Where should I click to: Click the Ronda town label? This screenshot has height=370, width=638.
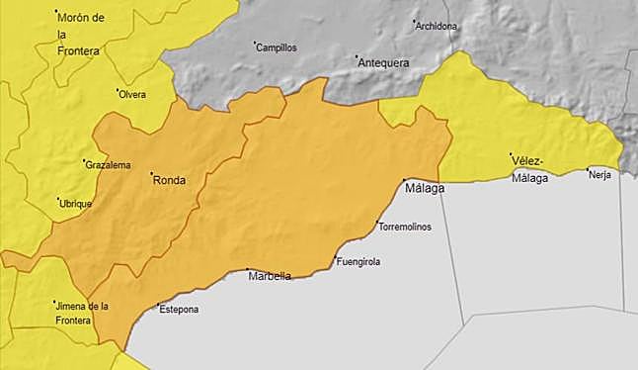(x=170, y=180)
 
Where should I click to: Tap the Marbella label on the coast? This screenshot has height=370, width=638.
(x=270, y=276)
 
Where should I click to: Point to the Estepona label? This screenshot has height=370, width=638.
(x=179, y=310)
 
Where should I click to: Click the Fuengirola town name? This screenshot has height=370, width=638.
(x=359, y=262)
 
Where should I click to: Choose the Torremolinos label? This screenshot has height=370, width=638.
(x=406, y=228)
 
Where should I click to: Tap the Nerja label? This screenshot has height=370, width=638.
(x=599, y=175)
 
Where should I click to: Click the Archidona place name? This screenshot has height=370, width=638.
(x=437, y=27)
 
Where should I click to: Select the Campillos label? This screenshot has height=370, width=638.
(x=277, y=46)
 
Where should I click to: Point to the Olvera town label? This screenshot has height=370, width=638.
(x=132, y=95)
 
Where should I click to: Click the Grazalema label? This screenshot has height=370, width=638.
(x=109, y=165)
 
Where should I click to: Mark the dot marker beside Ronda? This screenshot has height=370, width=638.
(x=151, y=176)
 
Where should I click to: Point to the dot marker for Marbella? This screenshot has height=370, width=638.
(x=247, y=270)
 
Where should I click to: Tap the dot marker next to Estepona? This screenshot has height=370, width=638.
(x=158, y=305)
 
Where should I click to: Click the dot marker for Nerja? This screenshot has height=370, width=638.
(x=589, y=169)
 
